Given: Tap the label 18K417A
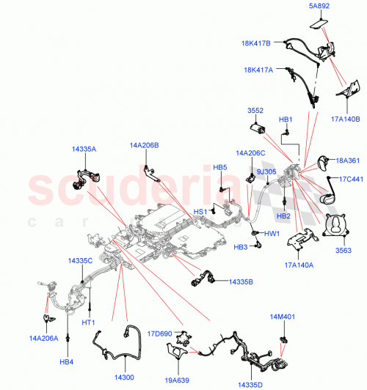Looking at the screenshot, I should click(258, 70).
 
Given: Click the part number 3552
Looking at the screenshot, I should click(255, 111).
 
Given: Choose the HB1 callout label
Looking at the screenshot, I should click(286, 119).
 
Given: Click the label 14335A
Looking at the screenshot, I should click(83, 148).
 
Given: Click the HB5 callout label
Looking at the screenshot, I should click(220, 168).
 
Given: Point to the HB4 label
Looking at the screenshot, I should click(67, 361).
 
